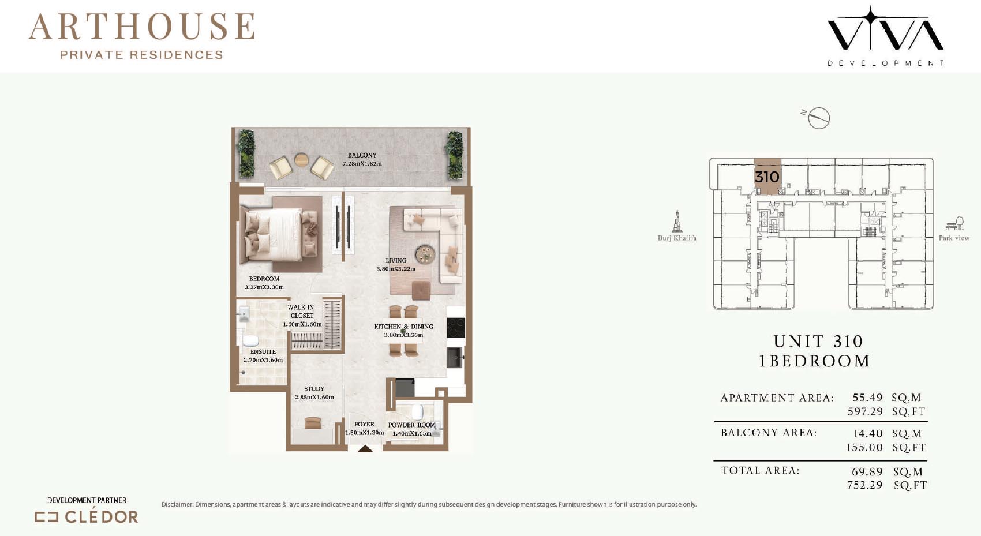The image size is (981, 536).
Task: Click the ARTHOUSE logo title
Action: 142,27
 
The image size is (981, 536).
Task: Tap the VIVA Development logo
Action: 885,36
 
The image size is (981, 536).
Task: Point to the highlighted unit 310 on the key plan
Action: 767,177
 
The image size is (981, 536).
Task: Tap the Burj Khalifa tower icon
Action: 677,221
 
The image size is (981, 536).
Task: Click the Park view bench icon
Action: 954,223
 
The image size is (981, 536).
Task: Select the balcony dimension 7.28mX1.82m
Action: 362,164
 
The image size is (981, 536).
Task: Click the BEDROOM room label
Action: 264,279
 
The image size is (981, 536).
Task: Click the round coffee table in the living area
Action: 425,253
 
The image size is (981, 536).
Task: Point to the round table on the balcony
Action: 301,159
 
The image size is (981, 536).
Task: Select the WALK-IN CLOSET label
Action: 301,312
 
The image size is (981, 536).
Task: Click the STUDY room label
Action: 314,388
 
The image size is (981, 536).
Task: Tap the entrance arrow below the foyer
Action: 365,449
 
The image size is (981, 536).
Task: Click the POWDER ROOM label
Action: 411,425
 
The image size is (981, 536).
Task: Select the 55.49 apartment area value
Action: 867,398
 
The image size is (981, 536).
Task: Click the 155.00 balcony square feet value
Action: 864,448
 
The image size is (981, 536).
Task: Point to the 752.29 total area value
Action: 865,485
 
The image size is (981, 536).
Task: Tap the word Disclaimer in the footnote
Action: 177,504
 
